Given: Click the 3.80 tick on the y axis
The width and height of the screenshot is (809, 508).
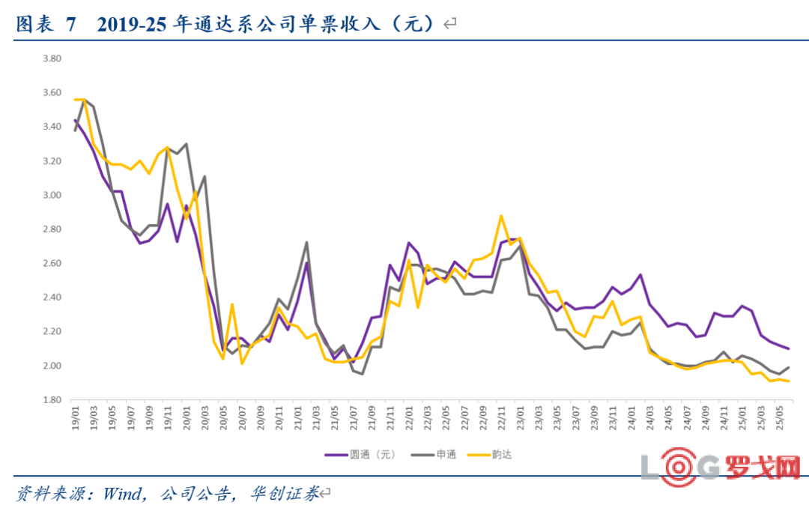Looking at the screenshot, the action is (x=52, y=59).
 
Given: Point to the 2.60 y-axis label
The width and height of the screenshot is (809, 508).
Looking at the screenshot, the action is (x=52, y=263).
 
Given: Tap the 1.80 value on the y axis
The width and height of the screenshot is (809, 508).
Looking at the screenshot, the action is (x=52, y=399).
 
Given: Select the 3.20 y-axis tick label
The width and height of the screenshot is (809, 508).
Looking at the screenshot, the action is (x=52, y=161).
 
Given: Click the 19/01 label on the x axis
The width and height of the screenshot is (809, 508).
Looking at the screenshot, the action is (x=76, y=417).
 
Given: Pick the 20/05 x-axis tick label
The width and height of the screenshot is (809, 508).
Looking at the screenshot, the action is (x=223, y=417).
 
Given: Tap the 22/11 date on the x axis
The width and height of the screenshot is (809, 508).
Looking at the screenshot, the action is (x=501, y=417).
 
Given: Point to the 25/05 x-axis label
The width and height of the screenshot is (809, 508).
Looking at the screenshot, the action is (x=780, y=417).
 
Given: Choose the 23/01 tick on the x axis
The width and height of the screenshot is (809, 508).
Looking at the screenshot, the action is (x=520, y=417).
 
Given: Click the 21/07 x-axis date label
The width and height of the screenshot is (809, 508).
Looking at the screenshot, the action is (x=354, y=417).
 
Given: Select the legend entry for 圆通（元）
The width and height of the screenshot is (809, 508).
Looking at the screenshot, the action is (x=360, y=455).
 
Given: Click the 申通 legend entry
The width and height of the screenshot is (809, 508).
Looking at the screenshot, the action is (x=434, y=455).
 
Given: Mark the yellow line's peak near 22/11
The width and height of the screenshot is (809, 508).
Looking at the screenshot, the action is (x=501, y=216).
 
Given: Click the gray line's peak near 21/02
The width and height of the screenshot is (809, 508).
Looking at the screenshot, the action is (x=306, y=242).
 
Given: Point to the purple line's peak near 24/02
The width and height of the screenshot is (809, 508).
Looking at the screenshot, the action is (x=640, y=275).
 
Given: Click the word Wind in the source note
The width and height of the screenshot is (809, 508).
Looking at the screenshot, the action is (x=122, y=494).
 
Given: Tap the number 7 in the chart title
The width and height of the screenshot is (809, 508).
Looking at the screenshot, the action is (x=70, y=24).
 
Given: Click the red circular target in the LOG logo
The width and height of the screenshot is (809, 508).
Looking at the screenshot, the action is (x=679, y=468).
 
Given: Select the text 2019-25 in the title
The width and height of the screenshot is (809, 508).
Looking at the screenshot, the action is (x=132, y=24).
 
